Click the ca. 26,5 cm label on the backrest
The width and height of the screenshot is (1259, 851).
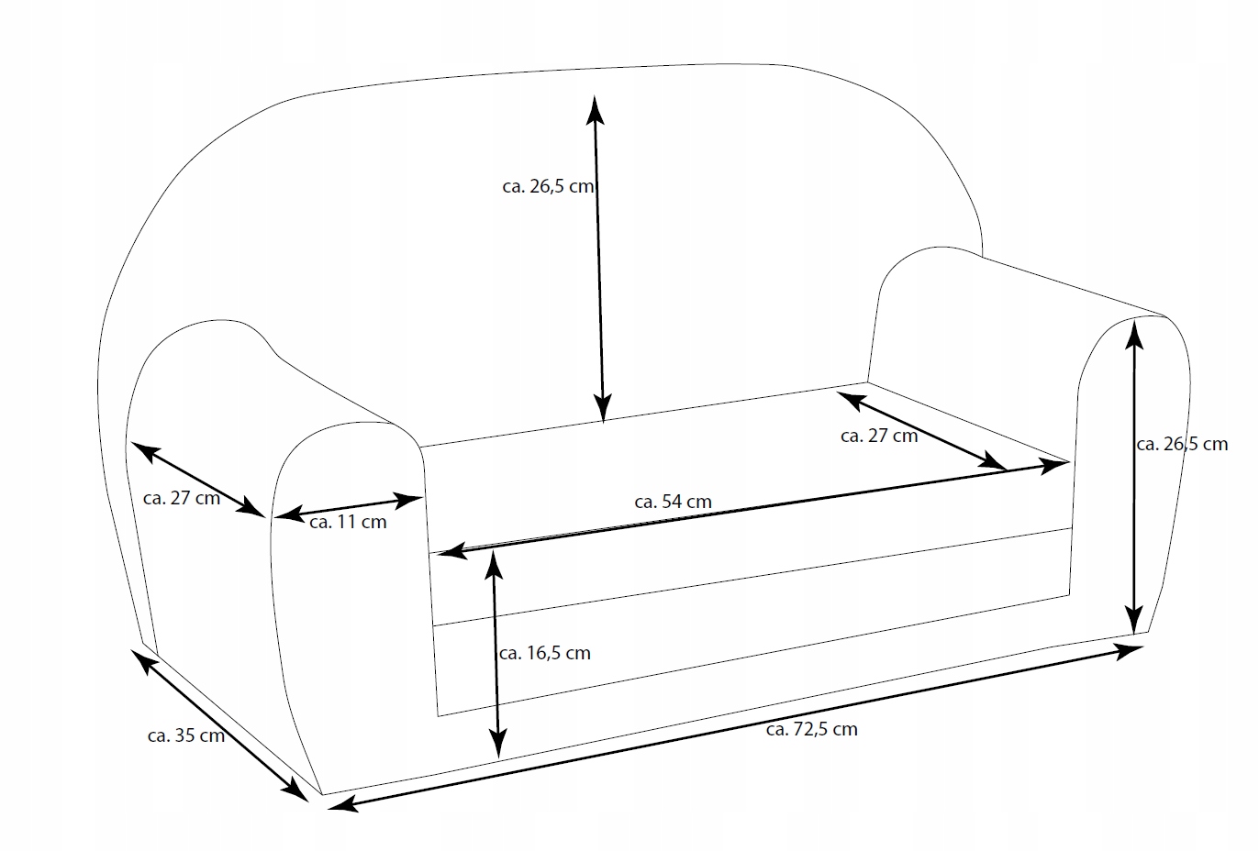[548, 186]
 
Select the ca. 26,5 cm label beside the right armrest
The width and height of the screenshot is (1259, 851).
[1181, 445]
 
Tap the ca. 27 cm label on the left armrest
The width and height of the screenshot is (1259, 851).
[182, 498]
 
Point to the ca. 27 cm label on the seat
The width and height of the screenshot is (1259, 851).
[878, 437]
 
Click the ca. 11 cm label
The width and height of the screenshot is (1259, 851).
[348, 523]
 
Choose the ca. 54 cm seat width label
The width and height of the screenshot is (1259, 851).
[673, 502]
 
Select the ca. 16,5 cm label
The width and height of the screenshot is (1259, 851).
[544, 654]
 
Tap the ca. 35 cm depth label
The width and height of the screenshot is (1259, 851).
[185, 735]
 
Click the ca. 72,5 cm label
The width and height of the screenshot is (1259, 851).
[811, 730]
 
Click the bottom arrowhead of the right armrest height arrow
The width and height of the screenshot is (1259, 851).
[1136, 617]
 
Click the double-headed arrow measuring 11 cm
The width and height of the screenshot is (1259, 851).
[349, 507]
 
